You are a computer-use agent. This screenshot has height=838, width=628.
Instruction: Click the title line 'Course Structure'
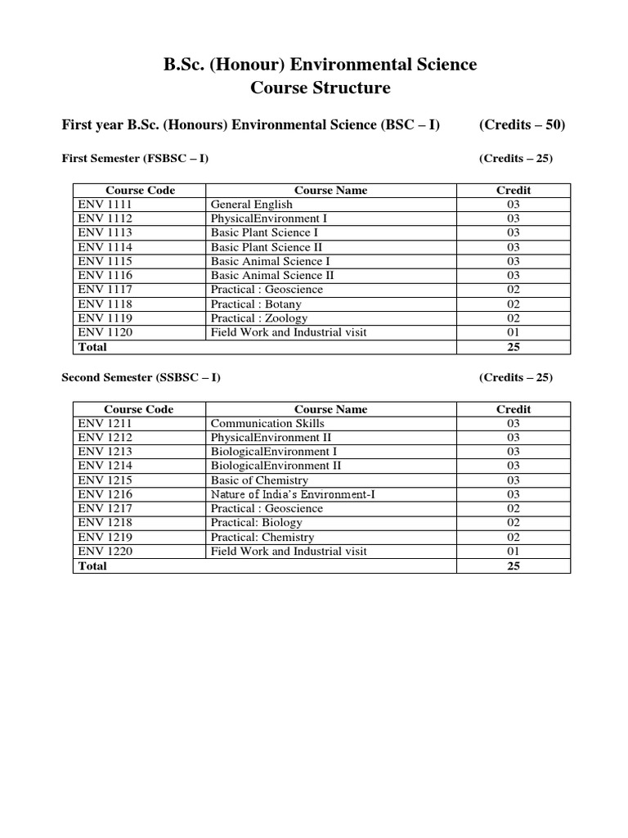point(314,88)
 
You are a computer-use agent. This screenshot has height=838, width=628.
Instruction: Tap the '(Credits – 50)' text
point(522,125)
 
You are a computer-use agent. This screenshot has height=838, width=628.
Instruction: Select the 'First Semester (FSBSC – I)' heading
point(135,158)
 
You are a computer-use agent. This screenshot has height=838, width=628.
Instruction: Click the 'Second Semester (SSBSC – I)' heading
point(141,377)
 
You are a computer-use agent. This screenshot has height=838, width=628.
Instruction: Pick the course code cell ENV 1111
point(105,205)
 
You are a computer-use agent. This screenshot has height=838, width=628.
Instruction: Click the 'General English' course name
point(251,205)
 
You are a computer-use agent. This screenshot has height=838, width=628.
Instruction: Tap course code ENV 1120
point(105,332)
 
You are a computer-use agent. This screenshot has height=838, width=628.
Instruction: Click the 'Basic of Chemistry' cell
point(259,480)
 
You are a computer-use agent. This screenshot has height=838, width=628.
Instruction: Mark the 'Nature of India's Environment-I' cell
point(293,494)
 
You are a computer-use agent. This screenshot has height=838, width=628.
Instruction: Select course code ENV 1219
point(105,537)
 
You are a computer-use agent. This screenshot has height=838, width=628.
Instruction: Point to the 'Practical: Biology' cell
point(256,523)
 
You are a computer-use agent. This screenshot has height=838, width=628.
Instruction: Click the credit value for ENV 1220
point(513,552)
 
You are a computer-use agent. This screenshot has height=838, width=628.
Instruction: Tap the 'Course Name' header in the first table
point(330,190)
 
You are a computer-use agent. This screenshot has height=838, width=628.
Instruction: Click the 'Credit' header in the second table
point(513,409)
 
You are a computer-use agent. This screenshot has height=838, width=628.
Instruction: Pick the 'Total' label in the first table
point(92,347)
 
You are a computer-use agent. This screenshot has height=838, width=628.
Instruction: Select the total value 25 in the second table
point(513,566)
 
